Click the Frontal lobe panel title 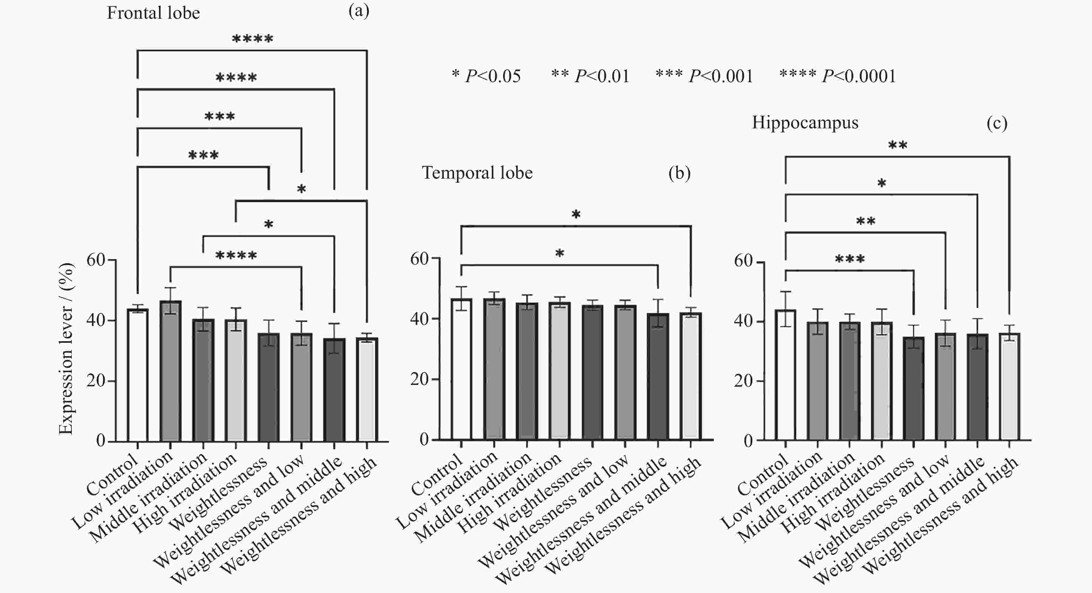coord(153,13)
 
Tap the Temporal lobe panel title coord(477,173)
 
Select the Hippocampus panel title coord(805,122)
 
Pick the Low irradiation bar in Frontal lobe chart coord(171,371)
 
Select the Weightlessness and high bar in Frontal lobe coord(367,389)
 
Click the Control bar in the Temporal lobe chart coord(461,369)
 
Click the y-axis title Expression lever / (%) coord(66,349)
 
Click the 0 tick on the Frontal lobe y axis coord(101,441)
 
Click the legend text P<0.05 coord(493,76)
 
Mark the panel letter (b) coord(679,173)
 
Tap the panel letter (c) coord(997,123)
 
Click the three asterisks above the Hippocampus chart coord(850,259)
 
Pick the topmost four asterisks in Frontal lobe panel coord(252,40)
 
